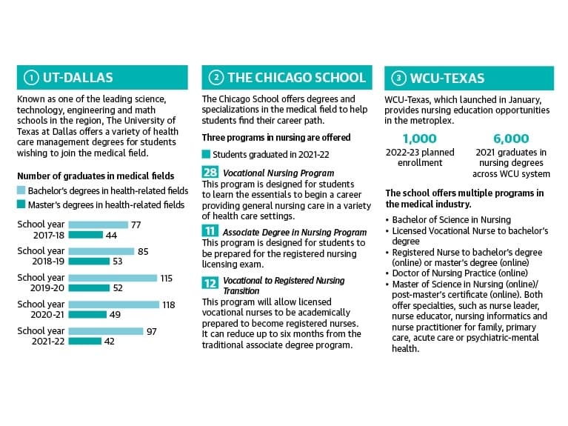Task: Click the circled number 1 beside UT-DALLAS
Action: tap(31, 78)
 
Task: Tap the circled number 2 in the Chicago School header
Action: tap(216, 78)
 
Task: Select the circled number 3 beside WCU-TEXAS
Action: tap(399, 79)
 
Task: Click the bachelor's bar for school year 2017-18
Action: tap(98, 224)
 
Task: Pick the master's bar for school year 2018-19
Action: tap(89, 262)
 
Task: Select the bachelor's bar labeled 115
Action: tap(113, 278)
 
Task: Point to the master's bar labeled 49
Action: tap(87, 314)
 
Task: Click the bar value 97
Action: tap(151, 331)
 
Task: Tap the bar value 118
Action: tap(169, 305)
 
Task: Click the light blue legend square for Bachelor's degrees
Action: tap(21, 190)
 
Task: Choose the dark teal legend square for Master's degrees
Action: tap(21, 204)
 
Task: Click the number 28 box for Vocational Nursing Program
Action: tap(210, 172)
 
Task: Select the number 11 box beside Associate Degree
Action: tap(210, 230)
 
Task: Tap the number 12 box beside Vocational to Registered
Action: tap(210, 283)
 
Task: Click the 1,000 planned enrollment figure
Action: tap(419, 139)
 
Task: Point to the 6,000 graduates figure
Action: tap(511, 139)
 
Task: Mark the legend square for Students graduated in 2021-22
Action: tap(206, 154)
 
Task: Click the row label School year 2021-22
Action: tap(41, 336)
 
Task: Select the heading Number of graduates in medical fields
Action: tap(96, 176)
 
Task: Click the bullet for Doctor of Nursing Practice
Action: tap(387, 273)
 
